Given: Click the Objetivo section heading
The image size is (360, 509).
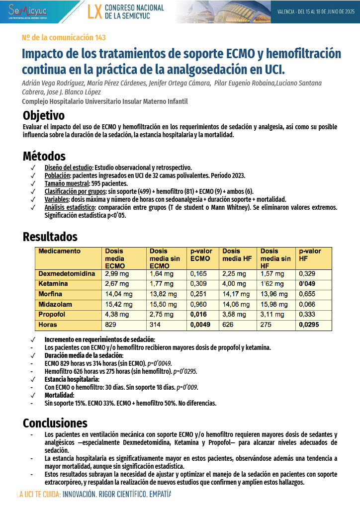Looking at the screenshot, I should [x=44, y=116].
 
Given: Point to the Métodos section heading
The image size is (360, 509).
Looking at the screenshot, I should [x=44, y=156].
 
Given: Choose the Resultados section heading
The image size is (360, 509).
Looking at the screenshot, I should [x=50, y=237].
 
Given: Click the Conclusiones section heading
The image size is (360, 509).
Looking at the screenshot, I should [x=55, y=423].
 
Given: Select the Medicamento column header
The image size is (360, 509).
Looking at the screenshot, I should [x=60, y=251].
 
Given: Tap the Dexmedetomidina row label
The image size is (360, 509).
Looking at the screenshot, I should [x=67, y=274].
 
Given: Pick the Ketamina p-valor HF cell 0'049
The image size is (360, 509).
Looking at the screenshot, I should [x=308, y=284].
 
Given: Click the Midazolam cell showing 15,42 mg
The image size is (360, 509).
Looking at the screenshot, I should [x=119, y=304].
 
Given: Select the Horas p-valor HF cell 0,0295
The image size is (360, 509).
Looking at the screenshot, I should [x=309, y=325].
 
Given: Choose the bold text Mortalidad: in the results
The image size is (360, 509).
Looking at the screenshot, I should [x=59, y=395].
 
